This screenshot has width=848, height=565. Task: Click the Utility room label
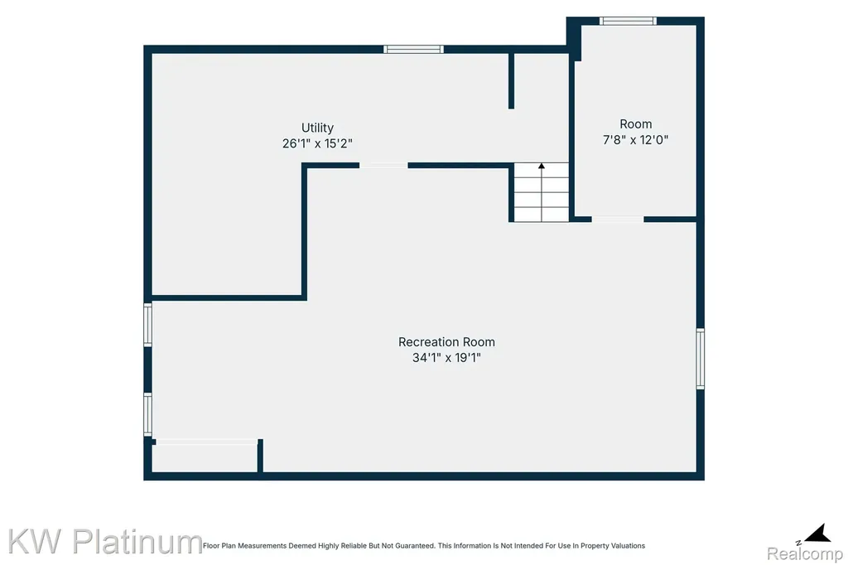[x=317, y=128]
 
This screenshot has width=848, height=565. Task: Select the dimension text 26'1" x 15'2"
[x=317, y=143]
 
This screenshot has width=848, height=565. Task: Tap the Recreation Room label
[x=446, y=342]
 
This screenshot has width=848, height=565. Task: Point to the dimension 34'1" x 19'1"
[x=446, y=358]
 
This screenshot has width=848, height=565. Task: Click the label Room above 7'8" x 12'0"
[x=635, y=124]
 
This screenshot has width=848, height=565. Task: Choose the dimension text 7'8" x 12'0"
[x=635, y=140]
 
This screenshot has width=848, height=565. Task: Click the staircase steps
[x=542, y=193]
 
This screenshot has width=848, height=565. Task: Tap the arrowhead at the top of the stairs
[x=542, y=166]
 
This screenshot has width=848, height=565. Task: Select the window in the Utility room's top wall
[x=414, y=49]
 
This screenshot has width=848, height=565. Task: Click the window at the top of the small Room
[x=628, y=21]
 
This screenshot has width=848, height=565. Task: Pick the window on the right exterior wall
[x=701, y=358]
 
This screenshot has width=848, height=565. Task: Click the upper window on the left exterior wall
[x=147, y=325]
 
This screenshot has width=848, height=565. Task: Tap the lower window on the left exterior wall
[x=147, y=414]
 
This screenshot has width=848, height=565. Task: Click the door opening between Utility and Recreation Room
[x=383, y=166]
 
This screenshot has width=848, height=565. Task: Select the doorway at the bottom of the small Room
[x=618, y=220]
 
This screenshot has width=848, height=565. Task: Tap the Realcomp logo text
[x=805, y=553]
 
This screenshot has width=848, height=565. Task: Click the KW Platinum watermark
[x=105, y=541]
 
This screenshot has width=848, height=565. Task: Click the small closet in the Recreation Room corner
[x=205, y=457]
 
